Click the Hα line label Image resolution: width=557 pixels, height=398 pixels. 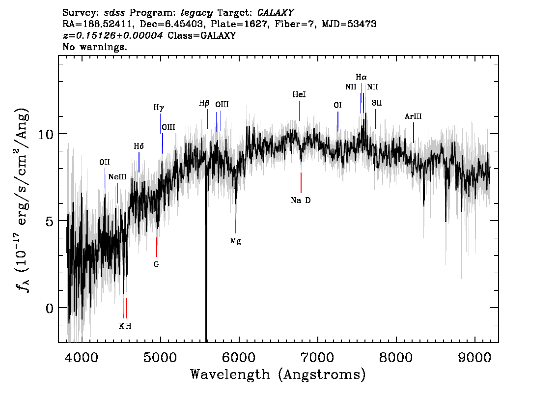pos(362,77)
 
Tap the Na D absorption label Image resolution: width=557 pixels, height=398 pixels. pos(301,200)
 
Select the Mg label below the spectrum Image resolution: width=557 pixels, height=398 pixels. pos(235,241)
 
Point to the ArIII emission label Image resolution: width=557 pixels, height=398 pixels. pos(413,116)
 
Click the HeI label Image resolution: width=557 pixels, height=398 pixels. pos(299,94)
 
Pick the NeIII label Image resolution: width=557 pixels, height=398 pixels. pos(117,177)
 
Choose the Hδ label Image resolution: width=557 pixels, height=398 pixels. pos(139,146)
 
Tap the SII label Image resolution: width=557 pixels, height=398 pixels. pos(377,103)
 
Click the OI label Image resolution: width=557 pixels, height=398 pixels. pos(337,105)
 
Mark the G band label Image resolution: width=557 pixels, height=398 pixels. pos(156,264)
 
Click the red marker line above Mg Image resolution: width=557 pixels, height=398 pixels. pos(235,223)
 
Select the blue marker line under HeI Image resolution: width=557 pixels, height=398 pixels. pos(299,111)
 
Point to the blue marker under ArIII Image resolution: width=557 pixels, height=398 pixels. pos(414,133)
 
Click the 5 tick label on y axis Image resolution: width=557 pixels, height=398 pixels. pos(50,221)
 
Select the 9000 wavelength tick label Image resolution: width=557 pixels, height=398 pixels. pos(474,357)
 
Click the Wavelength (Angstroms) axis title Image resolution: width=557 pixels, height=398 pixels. pos(278,374)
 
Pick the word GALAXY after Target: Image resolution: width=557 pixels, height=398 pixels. pos(275,13)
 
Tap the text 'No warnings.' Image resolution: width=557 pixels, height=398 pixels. pos(94,47)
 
